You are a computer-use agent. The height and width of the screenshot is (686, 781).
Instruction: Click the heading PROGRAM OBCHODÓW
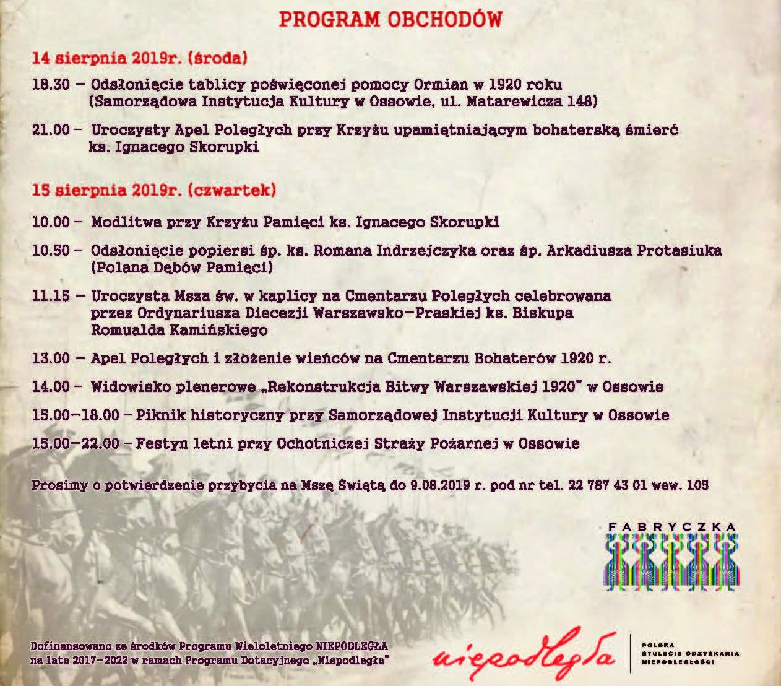(x=390, y=19)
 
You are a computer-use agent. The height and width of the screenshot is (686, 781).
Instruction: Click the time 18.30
(x=51, y=84)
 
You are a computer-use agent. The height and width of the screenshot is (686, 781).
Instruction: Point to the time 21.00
(x=51, y=129)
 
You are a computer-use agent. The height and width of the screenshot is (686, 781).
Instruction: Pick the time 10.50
(x=51, y=251)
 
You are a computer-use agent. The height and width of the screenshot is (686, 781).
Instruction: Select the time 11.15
(x=51, y=296)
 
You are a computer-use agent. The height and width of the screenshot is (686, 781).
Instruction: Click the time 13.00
(x=51, y=358)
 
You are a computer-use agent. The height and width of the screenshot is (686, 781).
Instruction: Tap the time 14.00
(x=51, y=387)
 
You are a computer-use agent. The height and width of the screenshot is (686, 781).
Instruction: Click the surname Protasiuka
(x=679, y=251)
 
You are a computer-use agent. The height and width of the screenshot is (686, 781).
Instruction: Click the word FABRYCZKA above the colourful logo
(x=671, y=527)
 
